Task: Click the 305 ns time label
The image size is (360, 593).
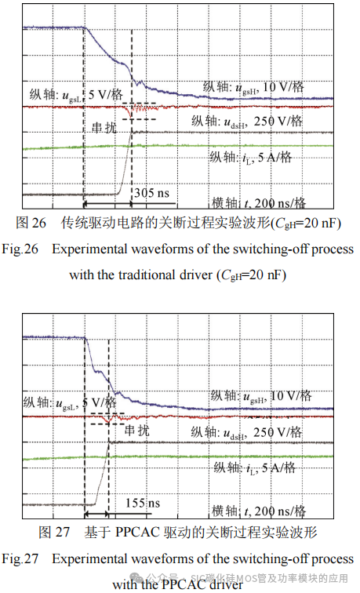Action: coord(151,192)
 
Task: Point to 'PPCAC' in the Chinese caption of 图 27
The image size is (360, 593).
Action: coord(138,533)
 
